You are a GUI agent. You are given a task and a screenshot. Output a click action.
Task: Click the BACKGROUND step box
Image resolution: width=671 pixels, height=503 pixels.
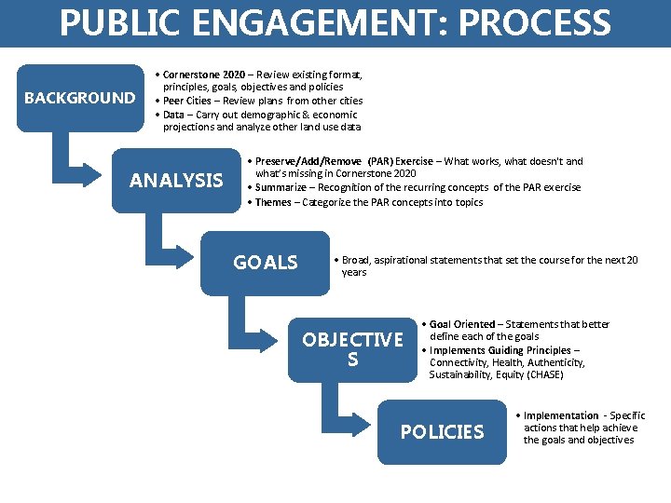pyautogui.click(x=79, y=98)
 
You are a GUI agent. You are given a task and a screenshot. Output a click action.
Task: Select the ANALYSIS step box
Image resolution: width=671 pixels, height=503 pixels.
pyautogui.click(x=176, y=181)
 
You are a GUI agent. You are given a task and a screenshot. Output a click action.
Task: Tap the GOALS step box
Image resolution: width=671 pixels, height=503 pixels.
pyautogui.click(x=265, y=263)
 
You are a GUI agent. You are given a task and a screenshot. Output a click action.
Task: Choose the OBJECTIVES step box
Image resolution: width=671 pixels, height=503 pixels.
pyautogui.click(x=352, y=348)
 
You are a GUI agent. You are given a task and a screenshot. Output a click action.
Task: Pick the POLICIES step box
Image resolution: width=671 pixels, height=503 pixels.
pyautogui.click(x=442, y=431)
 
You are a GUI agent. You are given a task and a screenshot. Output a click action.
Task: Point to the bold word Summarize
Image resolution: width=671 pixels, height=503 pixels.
pyautogui.click(x=284, y=188)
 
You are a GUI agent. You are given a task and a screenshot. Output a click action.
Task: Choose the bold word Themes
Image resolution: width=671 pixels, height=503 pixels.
pyautogui.click(x=273, y=202)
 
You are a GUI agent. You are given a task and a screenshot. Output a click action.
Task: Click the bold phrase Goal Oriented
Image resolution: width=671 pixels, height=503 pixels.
pyautogui.click(x=462, y=324)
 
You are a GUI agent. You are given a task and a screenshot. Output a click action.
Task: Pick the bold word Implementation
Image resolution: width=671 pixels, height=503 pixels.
pyautogui.click(x=561, y=415)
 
